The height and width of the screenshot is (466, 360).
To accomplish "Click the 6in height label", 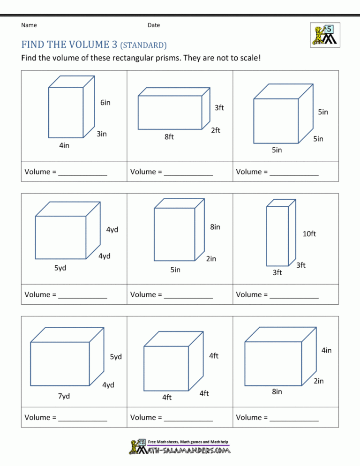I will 105,103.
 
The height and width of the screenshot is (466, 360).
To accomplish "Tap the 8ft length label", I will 169,137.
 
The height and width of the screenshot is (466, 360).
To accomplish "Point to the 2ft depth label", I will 215,130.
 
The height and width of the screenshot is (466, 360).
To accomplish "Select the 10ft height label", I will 309,234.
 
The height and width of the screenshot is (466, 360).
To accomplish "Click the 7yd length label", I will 64,396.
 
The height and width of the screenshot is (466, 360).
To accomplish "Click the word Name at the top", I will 29,25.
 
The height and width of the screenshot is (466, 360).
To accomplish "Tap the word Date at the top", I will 153,25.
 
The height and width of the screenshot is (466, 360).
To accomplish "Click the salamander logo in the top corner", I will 325,35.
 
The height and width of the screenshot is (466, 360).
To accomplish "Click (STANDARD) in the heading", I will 143,45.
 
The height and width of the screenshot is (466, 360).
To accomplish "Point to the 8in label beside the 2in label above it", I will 215,227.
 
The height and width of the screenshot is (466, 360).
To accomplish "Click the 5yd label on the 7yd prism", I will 116,357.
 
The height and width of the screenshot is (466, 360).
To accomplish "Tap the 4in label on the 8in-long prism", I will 326,350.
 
